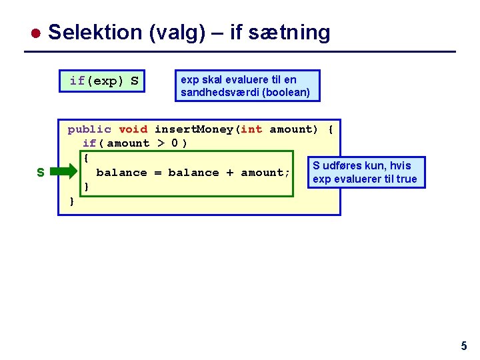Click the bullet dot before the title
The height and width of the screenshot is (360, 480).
[x=37, y=33]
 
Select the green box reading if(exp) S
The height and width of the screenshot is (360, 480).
[x=104, y=81]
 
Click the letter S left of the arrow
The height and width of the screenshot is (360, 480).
[x=41, y=173]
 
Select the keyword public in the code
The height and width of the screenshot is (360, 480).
[x=89, y=129]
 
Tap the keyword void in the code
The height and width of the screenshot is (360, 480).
[x=133, y=129]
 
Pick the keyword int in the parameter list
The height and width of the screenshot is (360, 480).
[x=251, y=129]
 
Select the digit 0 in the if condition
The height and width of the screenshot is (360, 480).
[x=175, y=143]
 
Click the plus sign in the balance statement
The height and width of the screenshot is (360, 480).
[x=229, y=173]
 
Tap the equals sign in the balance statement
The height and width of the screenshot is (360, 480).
[x=157, y=173]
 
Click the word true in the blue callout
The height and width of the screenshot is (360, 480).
[x=405, y=179]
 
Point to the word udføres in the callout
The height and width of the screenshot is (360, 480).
[x=344, y=165]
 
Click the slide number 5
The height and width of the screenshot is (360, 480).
[x=464, y=346]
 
